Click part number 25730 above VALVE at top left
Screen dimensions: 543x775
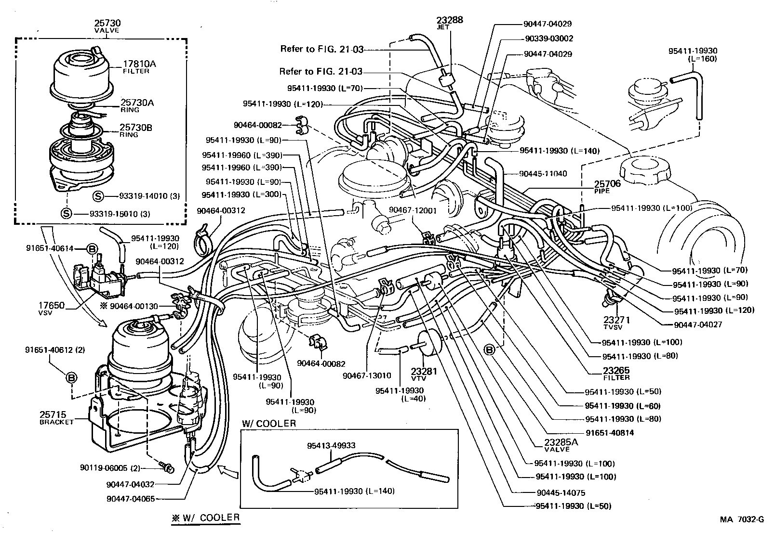(x=107, y=23)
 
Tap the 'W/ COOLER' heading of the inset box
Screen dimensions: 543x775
(x=269, y=424)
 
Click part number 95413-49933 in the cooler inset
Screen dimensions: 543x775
(x=331, y=445)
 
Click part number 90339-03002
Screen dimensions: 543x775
(x=548, y=39)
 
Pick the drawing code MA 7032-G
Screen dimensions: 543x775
(x=742, y=519)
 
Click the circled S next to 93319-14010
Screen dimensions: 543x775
(x=98, y=196)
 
